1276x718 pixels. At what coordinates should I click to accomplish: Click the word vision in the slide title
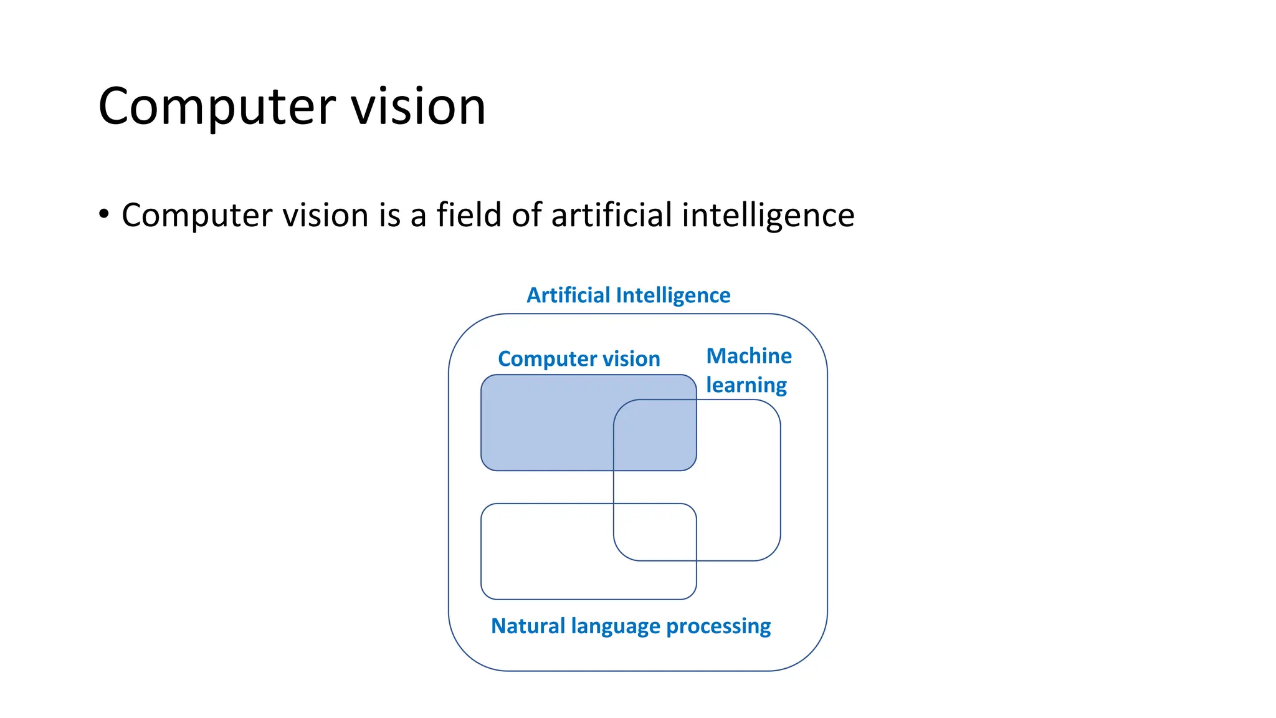pos(418,107)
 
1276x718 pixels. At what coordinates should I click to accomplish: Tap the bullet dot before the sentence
pos(104,214)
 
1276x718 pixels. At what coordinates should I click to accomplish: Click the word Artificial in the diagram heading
pos(568,295)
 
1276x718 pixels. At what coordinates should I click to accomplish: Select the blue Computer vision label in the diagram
pos(579,359)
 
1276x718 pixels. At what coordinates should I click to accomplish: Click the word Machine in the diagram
pos(749,356)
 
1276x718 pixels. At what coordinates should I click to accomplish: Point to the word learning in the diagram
pos(746,386)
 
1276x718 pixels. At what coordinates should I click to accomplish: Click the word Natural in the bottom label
pos(528,626)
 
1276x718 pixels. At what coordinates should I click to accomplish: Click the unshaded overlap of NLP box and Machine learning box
pos(655,532)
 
